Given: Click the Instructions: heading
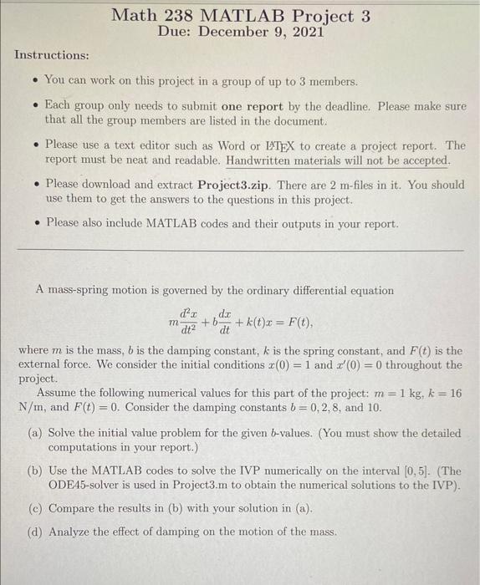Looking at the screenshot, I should [x=52, y=55].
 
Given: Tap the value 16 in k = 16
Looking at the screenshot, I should [x=455, y=393].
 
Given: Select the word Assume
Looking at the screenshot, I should [x=57, y=393].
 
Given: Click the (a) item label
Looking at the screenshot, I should [x=36, y=434].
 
